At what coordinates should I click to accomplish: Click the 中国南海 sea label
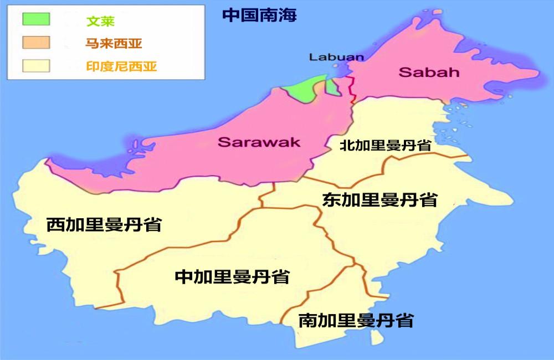[259, 15]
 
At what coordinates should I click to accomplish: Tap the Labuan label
[336, 56]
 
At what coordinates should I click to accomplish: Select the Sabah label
[421, 72]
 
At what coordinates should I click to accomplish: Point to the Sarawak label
[259, 142]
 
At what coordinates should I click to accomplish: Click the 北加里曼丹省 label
[386, 145]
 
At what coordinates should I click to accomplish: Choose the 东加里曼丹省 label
[379, 199]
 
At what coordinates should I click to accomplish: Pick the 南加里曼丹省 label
[356, 320]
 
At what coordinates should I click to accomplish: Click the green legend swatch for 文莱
[36, 19]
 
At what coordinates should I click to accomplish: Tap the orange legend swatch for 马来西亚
[36, 43]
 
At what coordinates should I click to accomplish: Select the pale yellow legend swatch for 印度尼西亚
[36, 66]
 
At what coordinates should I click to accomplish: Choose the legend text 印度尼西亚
[121, 67]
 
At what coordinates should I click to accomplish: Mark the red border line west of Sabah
[352, 89]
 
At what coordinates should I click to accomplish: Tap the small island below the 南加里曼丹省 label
[376, 337]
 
